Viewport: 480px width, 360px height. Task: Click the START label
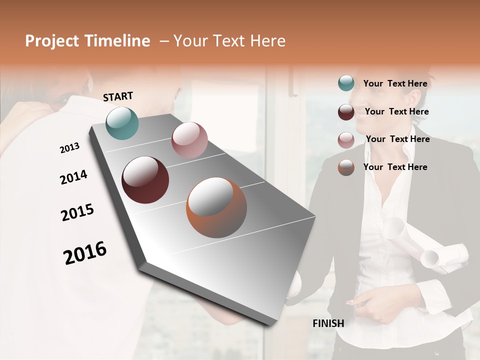(118, 96)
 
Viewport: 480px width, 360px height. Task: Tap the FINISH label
(328, 323)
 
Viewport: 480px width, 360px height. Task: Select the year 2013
(69, 147)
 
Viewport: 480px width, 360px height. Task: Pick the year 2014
(73, 177)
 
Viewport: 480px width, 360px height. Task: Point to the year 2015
(77, 212)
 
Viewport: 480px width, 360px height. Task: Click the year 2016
(85, 253)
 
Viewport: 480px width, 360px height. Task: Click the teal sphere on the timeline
(122, 123)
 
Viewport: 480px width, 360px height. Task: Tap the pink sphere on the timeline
(189, 140)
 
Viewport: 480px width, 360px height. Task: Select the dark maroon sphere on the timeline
(145, 180)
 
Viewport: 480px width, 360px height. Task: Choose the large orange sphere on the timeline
(216, 207)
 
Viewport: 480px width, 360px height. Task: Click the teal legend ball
(346, 83)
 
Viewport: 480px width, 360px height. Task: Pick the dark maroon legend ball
(346, 111)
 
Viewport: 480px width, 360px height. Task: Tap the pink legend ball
(346, 139)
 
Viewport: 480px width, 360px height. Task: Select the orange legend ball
(346, 167)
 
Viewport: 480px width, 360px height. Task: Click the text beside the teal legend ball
(395, 83)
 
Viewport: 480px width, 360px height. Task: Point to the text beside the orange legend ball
(395, 167)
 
